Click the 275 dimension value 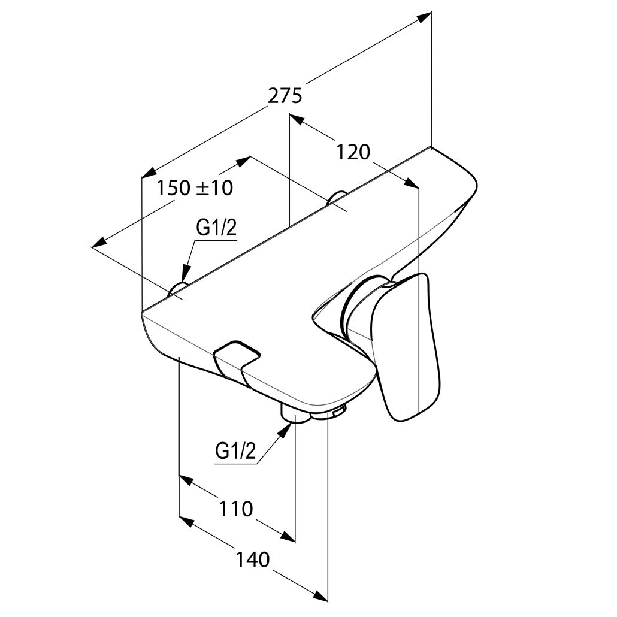285,96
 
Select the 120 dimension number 353,152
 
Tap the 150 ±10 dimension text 195,187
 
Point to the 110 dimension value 235,509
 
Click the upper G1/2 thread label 216,228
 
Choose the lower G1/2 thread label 235,451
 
